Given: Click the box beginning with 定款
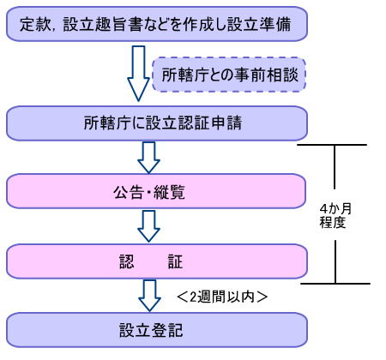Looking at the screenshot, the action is pos(157,24).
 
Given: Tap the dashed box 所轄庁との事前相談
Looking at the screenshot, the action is pos(229,75).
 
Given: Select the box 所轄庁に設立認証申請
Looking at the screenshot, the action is pos(157,123).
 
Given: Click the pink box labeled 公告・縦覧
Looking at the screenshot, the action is pos(156,191).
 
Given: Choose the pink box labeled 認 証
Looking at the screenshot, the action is pos(157,261).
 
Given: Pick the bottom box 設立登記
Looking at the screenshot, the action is pos(157,330).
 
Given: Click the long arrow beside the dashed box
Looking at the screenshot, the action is pos(138,74).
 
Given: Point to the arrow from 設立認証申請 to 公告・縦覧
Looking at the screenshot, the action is pos(148,158).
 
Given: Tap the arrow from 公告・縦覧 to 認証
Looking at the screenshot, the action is pos(148,226).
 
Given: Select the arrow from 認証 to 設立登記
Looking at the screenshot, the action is pos(149,296).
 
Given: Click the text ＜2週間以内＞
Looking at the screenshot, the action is pos(222,297).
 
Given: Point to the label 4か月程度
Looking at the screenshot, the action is pos(335,216).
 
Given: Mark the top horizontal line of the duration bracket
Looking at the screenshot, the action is pos(332,145).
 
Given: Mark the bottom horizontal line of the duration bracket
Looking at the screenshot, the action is pos(335,284).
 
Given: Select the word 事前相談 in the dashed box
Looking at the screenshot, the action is pos(266,75).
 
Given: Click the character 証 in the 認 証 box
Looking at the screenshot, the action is pos(175,261).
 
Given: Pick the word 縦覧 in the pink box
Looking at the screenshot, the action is pos(169,192).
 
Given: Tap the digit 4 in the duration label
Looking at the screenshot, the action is pos(323,209).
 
